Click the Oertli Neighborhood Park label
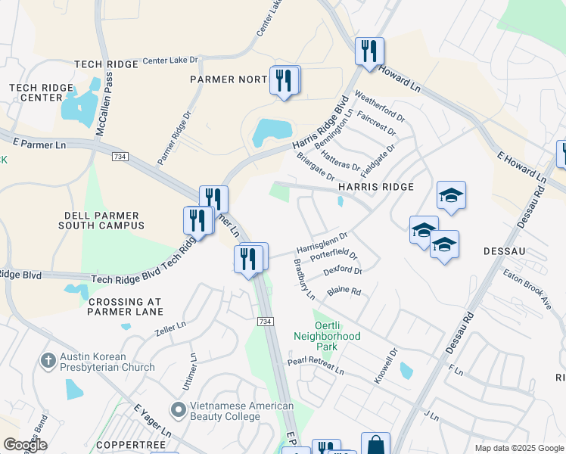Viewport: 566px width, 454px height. (x=327, y=330)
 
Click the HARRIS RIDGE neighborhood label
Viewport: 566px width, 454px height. (x=376, y=187)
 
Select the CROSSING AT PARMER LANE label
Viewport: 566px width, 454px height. (x=126, y=306)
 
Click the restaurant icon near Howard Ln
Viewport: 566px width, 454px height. (x=370, y=51)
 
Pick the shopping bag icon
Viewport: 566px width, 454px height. (x=375, y=445)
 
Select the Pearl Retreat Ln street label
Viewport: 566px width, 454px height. (x=315, y=367)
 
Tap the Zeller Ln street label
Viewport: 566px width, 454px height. (x=169, y=327)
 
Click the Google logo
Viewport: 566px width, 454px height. (x=25, y=445)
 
